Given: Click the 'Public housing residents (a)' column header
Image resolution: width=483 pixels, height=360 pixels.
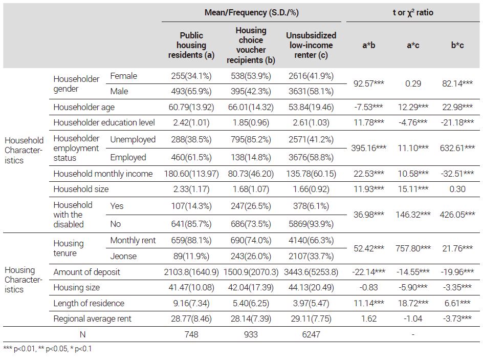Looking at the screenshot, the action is point(191,45).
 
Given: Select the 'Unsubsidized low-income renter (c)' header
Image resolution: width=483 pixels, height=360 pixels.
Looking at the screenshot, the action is point(311,45).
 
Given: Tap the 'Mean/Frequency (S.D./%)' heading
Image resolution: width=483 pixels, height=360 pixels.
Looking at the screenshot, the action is point(252,13).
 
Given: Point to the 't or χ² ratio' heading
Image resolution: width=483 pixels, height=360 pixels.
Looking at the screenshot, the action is point(413,13).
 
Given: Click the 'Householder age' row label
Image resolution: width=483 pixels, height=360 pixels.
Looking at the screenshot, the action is point(84,107).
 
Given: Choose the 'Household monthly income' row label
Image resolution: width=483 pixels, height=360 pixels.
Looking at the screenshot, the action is point(103,174).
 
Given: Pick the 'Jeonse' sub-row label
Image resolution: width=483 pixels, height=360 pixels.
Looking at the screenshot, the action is point(123,256).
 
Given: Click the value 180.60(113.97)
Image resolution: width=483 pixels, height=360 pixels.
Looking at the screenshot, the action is point(191,174).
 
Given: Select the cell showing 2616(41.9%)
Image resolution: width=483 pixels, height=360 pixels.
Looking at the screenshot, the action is point(311,76).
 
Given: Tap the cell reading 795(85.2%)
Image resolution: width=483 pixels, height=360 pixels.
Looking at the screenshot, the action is point(251,140).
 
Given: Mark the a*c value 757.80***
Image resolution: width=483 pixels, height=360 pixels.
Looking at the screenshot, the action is point(413,248).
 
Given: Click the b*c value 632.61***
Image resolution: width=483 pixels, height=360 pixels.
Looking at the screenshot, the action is point(457,148).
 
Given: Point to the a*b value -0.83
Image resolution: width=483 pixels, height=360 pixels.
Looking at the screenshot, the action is point(368,288).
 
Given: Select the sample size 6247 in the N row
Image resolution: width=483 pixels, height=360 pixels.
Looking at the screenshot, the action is point(311,334).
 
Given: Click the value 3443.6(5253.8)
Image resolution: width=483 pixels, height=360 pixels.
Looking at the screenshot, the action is point(311,272).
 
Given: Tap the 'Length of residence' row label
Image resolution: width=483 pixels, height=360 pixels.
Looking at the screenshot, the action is point(89,303).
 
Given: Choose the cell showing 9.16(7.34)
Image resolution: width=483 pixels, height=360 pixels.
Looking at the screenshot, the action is point(191,303).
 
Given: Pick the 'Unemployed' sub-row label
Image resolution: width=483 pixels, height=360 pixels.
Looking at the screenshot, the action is point(133,140).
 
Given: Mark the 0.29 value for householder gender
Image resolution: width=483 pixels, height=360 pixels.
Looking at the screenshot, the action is point(413,83).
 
